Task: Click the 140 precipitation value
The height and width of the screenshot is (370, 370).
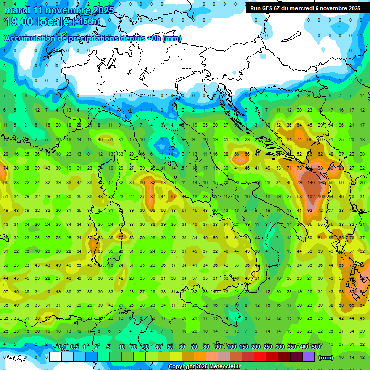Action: tap(311, 183)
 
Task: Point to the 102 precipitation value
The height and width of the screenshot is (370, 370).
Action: tap(311, 197)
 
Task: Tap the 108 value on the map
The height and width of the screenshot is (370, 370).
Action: tap(321, 197)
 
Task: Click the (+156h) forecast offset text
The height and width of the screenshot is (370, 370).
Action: tap(86, 22)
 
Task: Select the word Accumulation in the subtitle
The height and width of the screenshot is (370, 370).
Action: tap(30, 39)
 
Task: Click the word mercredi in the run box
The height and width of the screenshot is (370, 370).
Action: tap(303, 8)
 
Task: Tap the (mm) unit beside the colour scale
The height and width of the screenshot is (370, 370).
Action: tap(326, 357)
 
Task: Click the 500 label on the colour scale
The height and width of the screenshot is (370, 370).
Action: tap(316, 347)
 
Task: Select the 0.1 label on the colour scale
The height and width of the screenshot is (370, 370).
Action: tap(62, 347)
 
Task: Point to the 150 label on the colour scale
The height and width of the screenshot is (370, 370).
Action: tap(244, 347)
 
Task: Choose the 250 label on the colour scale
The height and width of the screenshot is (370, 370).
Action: tap(268, 347)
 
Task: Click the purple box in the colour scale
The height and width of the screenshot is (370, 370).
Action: tap(308, 357)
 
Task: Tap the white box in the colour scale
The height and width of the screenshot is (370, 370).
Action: tap(55, 357)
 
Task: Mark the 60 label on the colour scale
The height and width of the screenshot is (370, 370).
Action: tap(182, 347)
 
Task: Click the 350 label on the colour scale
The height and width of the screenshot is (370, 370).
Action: tap(292, 347)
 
